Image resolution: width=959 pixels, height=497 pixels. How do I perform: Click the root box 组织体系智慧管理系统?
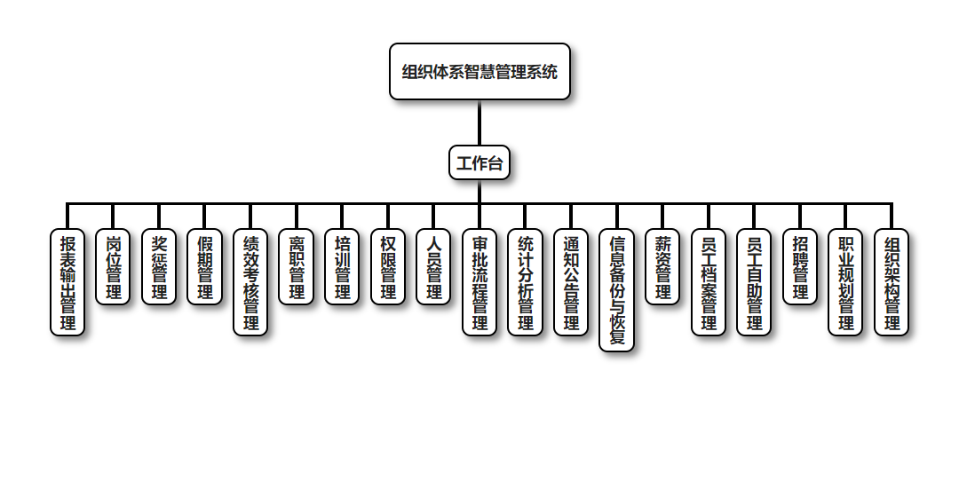click(479, 72)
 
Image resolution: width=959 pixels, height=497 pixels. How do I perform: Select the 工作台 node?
click(479, 162)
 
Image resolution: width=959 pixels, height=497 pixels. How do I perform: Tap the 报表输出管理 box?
click(67, 282)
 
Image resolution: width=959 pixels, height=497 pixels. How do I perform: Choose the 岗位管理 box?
click(113, 267)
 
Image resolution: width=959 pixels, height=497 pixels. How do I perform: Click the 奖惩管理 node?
click(159, 267)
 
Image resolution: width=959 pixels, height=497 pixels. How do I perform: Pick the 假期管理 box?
click(205, 267)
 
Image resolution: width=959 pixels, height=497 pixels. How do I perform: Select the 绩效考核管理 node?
click(250, 282)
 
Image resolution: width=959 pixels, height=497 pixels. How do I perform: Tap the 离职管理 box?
click(297, 267)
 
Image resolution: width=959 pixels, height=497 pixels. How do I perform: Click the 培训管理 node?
click(342, 267)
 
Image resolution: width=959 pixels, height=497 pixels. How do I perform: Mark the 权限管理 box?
click(388, 267)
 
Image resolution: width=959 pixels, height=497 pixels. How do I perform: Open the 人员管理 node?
click(433, 267)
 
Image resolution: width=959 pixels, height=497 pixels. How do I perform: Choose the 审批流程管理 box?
click(479, 282)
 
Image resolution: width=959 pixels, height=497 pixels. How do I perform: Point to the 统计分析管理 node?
click(526, 282)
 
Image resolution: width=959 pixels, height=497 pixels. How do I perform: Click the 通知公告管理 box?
click(571, 282)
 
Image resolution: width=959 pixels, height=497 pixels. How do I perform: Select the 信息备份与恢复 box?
click(617, 290)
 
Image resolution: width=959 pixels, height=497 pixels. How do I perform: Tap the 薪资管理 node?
click(662, 267)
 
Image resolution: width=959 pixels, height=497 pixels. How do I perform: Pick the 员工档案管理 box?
click(709, 282)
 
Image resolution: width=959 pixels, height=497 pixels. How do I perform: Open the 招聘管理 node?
click(800, 267)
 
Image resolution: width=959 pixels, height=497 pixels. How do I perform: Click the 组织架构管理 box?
click(892, 282)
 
